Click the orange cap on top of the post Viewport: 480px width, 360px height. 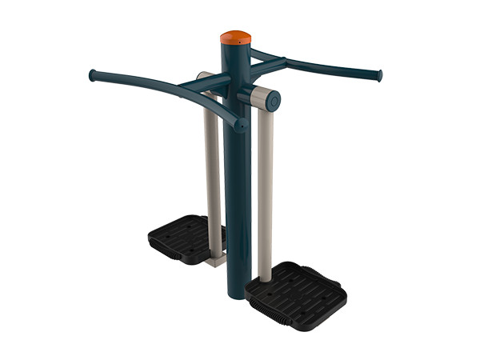[236, 38]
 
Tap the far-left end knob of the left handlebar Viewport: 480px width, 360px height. [93, 75]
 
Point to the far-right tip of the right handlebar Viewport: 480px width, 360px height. [378, 75]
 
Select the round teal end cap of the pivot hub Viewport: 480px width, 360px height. [274, 100]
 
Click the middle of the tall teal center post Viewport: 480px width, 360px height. [237, 184]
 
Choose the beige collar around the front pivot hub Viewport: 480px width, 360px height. [258, 98]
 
